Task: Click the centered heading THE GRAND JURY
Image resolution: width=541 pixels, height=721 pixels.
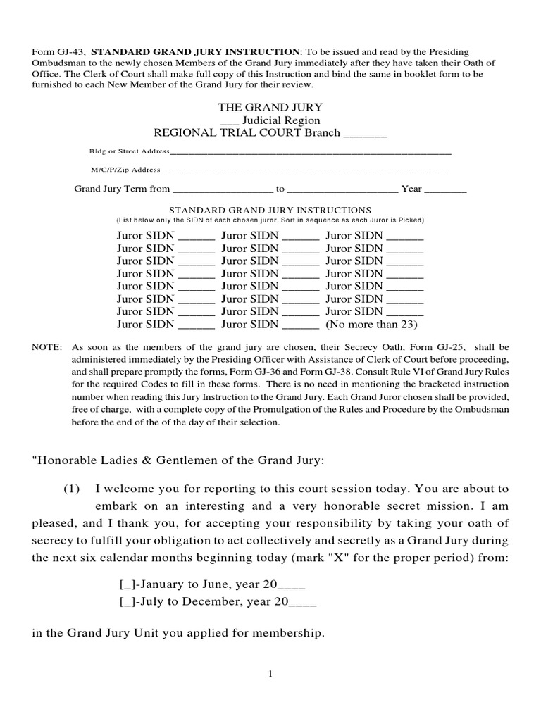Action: pyautogui.click(x=270, y=107)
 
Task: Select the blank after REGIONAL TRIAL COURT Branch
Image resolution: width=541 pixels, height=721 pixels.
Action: pyautogui.click(x=365, y=133)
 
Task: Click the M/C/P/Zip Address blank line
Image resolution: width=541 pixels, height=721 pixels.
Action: pyautogui.click(x=304, y=170)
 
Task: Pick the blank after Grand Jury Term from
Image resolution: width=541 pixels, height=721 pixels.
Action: pyautogui.click(x=222, y=189)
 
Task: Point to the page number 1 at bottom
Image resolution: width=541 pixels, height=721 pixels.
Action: pyautogui.click(x=270, y=675)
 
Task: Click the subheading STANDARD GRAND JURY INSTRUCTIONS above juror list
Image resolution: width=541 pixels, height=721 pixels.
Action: pyautogui.click(x=270, y=210)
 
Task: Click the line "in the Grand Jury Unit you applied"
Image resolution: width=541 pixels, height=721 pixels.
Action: pyautogui.click(x=178, y=633)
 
